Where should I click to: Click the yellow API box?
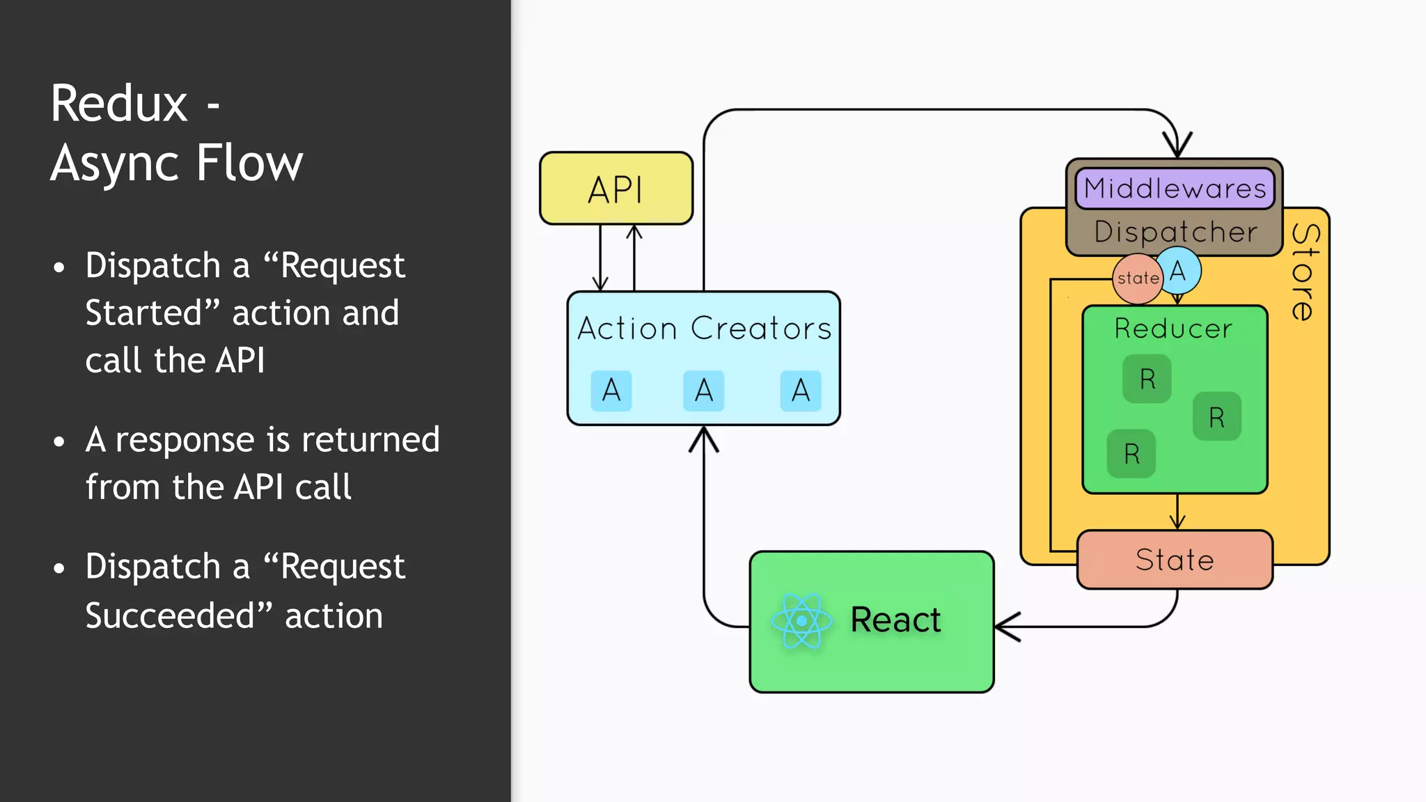(616, 189)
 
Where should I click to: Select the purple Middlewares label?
(1175, 189)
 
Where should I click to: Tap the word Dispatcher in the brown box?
(1175, 232)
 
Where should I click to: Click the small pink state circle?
(1137, 278)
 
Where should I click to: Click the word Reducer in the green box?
(1173, 329)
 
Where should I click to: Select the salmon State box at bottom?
(1175, 560)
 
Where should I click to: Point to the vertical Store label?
(1305, 272)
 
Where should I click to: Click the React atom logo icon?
(801, 620)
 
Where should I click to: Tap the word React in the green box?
(895, 620)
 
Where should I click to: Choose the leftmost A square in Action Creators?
(611, 391)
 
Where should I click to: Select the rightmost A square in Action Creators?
(801, 391)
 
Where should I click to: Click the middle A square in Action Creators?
(704, 391)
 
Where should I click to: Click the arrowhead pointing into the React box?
(1004, 627)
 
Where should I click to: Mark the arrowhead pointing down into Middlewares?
(1177, 147)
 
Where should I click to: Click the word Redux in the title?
(119, 104)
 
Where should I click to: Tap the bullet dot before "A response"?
(59, 441)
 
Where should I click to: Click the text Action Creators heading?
(704, 329)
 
